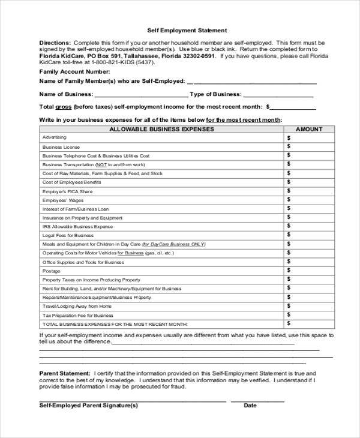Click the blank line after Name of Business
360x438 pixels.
[x=140, y=95]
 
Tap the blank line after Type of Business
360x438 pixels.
[x=278, y=95]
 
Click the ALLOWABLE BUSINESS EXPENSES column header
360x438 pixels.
[x=161, y=129]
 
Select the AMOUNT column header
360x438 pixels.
[x=309, y=129]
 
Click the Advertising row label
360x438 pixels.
[x=55, y=138]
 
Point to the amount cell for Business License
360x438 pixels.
[x=309, y=147]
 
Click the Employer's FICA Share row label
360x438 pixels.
[x=68, y=191]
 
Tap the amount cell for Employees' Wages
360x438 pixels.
[x=309, y=200]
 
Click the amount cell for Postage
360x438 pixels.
[x=309, y=271]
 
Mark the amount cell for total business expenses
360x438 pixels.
[x=309, y=324]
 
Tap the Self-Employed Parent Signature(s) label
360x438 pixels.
[x=88, y=406]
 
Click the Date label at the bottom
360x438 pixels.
[x=250, y=406]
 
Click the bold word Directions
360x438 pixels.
[x=55, y=43]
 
